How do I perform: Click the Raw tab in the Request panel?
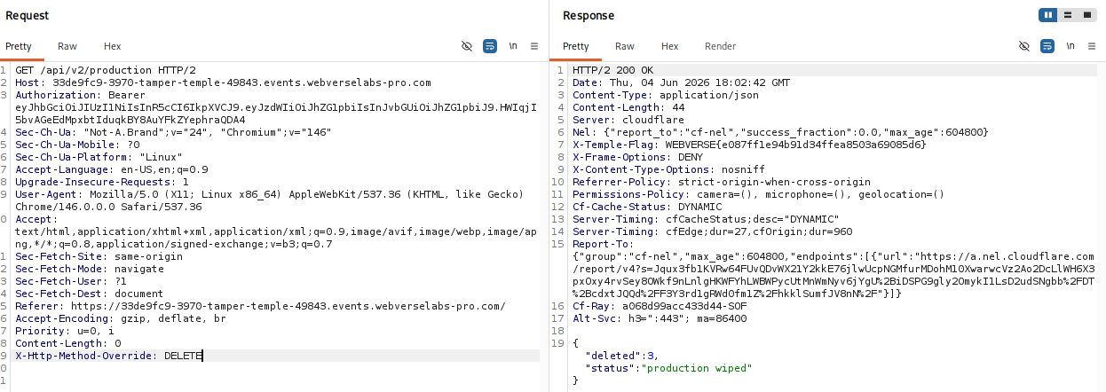pos(67,46)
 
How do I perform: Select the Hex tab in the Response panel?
pos(669,46)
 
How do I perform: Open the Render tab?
pos(720,46)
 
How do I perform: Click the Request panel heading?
pos(28,16)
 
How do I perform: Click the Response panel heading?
pos(589,16)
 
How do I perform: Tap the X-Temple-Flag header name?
pos(612,145)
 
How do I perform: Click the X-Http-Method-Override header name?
pos(83,356)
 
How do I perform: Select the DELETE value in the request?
pos(183,356)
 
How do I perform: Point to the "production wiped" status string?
pos(697,368)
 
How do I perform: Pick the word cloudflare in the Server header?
pos(653,120)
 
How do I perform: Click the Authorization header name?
pos(55,95)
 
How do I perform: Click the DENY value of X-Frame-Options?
pos(691,157)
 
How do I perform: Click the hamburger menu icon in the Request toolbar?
pos(534,46)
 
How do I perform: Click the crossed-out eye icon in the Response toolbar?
pos(1024,46)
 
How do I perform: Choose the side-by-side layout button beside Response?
pos(1047,15)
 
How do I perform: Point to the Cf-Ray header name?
pos(591,306)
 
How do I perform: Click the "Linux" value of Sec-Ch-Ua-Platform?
pos(161,157)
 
